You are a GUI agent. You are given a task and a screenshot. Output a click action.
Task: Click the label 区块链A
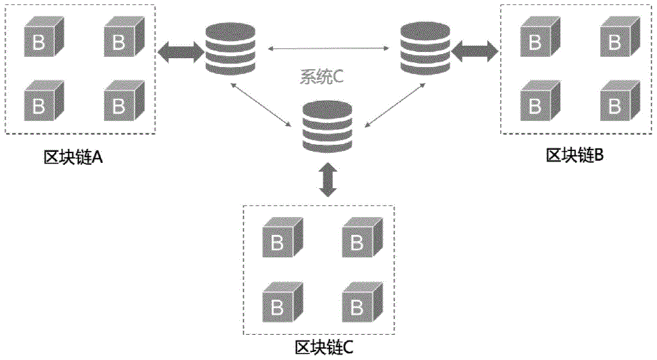coord(73,158)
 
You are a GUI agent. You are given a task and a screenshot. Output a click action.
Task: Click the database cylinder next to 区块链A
coord(229,49)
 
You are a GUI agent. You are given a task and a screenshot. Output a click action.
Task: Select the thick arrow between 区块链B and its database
coord(474,50)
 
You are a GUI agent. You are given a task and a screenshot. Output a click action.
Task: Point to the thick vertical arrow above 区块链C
coord(327,179)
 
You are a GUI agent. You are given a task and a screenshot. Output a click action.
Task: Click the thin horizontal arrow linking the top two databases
coord(327,47)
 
